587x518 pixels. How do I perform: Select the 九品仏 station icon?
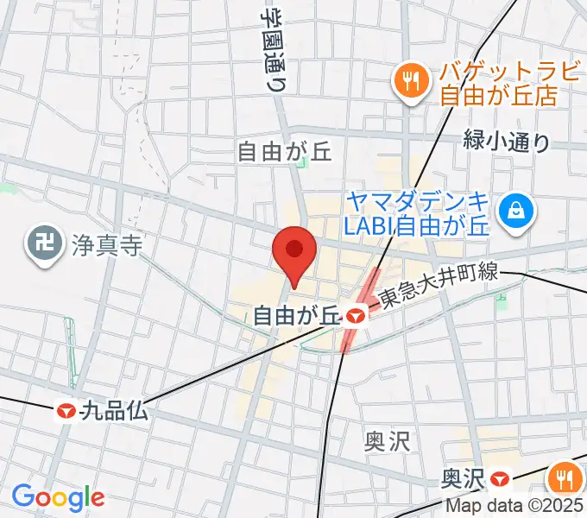coord(66,412)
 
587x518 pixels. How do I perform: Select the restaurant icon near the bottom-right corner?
coord(565,474)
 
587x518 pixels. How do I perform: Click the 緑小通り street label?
coord(506,140)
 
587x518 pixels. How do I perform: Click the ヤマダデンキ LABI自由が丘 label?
coord(418,213)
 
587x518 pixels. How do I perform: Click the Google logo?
coord(58,496)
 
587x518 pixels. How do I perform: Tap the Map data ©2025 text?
coord(514,507)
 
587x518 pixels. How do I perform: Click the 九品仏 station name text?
coord(114,412)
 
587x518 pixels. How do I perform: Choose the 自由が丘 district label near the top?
coord(284,153)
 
